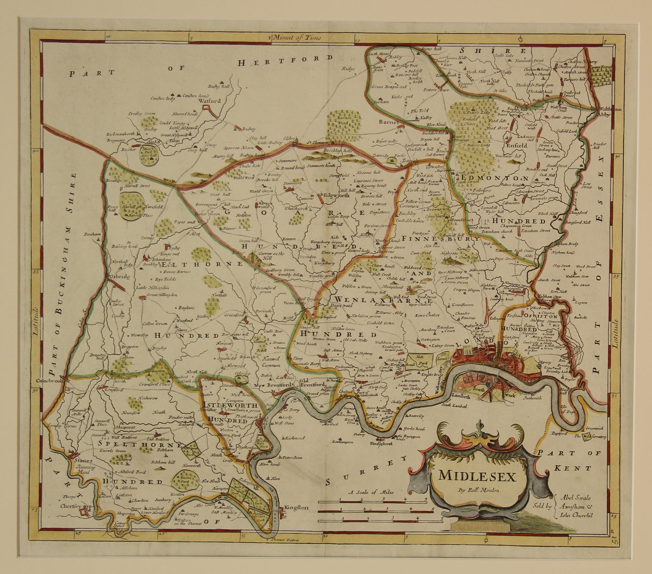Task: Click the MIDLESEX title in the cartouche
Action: pos(476,476)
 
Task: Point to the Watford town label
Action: pos(210,101)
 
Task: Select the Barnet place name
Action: pos(389,122)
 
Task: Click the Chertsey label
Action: pos(70,506)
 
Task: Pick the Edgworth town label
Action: pos(337,196)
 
